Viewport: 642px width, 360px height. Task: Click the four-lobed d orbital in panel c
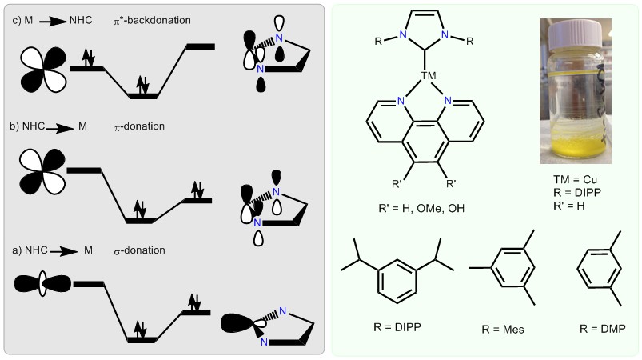tap(43, 67)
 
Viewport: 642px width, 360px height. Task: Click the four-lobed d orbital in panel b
tap(43, 170)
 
